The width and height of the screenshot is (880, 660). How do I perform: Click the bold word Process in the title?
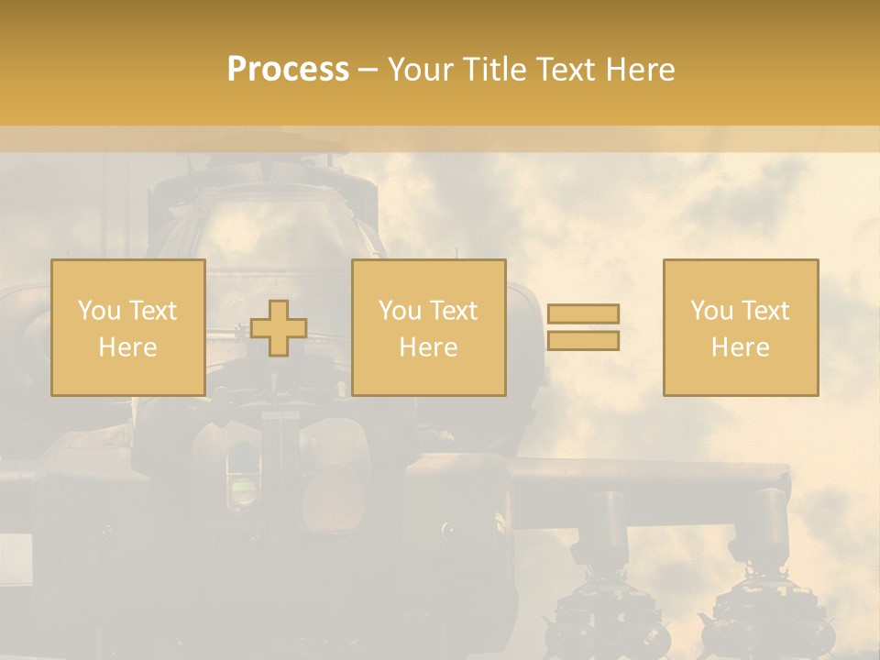[x=288, y=70]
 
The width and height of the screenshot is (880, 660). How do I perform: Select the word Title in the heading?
[x=500, y=70]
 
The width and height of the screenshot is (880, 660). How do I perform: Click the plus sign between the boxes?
[x=279, y=328]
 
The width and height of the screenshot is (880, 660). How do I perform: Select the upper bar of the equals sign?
[x=583, y=314]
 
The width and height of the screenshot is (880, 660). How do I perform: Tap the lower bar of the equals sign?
[x=583, y=341]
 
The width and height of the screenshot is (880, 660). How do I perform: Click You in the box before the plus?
[x=98, y=311]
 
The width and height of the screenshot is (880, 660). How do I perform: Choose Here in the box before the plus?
[x=127, y=347]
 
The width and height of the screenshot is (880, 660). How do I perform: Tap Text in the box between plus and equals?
[x=452, y=311]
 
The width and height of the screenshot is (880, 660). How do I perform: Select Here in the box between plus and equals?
[x=428, y=347]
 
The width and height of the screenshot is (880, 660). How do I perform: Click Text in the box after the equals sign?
[x=764, y=311]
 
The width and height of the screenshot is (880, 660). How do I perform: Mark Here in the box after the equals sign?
[x=740, y=347]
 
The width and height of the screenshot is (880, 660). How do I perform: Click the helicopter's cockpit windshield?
[x=266, y=229]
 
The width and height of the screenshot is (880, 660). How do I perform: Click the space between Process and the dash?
[x=354, y=70]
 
